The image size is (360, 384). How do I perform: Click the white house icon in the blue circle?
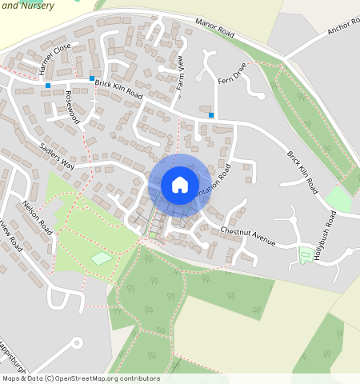click(x=180, y=185)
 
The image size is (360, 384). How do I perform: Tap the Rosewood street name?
click(x=74, y=106)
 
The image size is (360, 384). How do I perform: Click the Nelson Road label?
click(x=38, y=218)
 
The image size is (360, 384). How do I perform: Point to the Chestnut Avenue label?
click(x=248, y=236)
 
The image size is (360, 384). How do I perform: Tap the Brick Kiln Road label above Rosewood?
click(x=118, y=89)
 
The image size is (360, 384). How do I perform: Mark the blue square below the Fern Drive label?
click(x=211, y=115)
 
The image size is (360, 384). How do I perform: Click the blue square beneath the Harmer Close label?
click(x=49, y=85)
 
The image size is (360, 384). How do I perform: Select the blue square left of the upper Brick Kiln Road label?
click(x=92, y=78)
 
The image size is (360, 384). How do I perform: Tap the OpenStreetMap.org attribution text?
click(x=105, y=378)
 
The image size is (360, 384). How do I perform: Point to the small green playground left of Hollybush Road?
click(x=306, y=255)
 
